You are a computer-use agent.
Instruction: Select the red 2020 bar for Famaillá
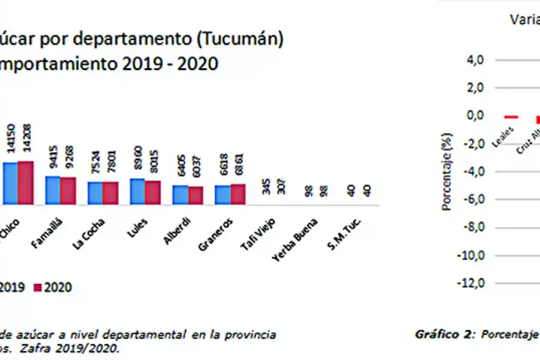[68, 191]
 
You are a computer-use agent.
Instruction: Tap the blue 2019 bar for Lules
[137, 191]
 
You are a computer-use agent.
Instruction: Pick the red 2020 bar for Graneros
[238, 194]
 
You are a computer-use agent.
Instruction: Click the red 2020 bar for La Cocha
[110, 193]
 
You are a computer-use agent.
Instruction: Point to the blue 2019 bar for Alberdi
[180, 194]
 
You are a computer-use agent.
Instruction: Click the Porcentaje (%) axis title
[446, 172]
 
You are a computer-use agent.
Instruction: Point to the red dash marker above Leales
[511, 117]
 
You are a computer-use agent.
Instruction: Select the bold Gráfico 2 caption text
[440, 335]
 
